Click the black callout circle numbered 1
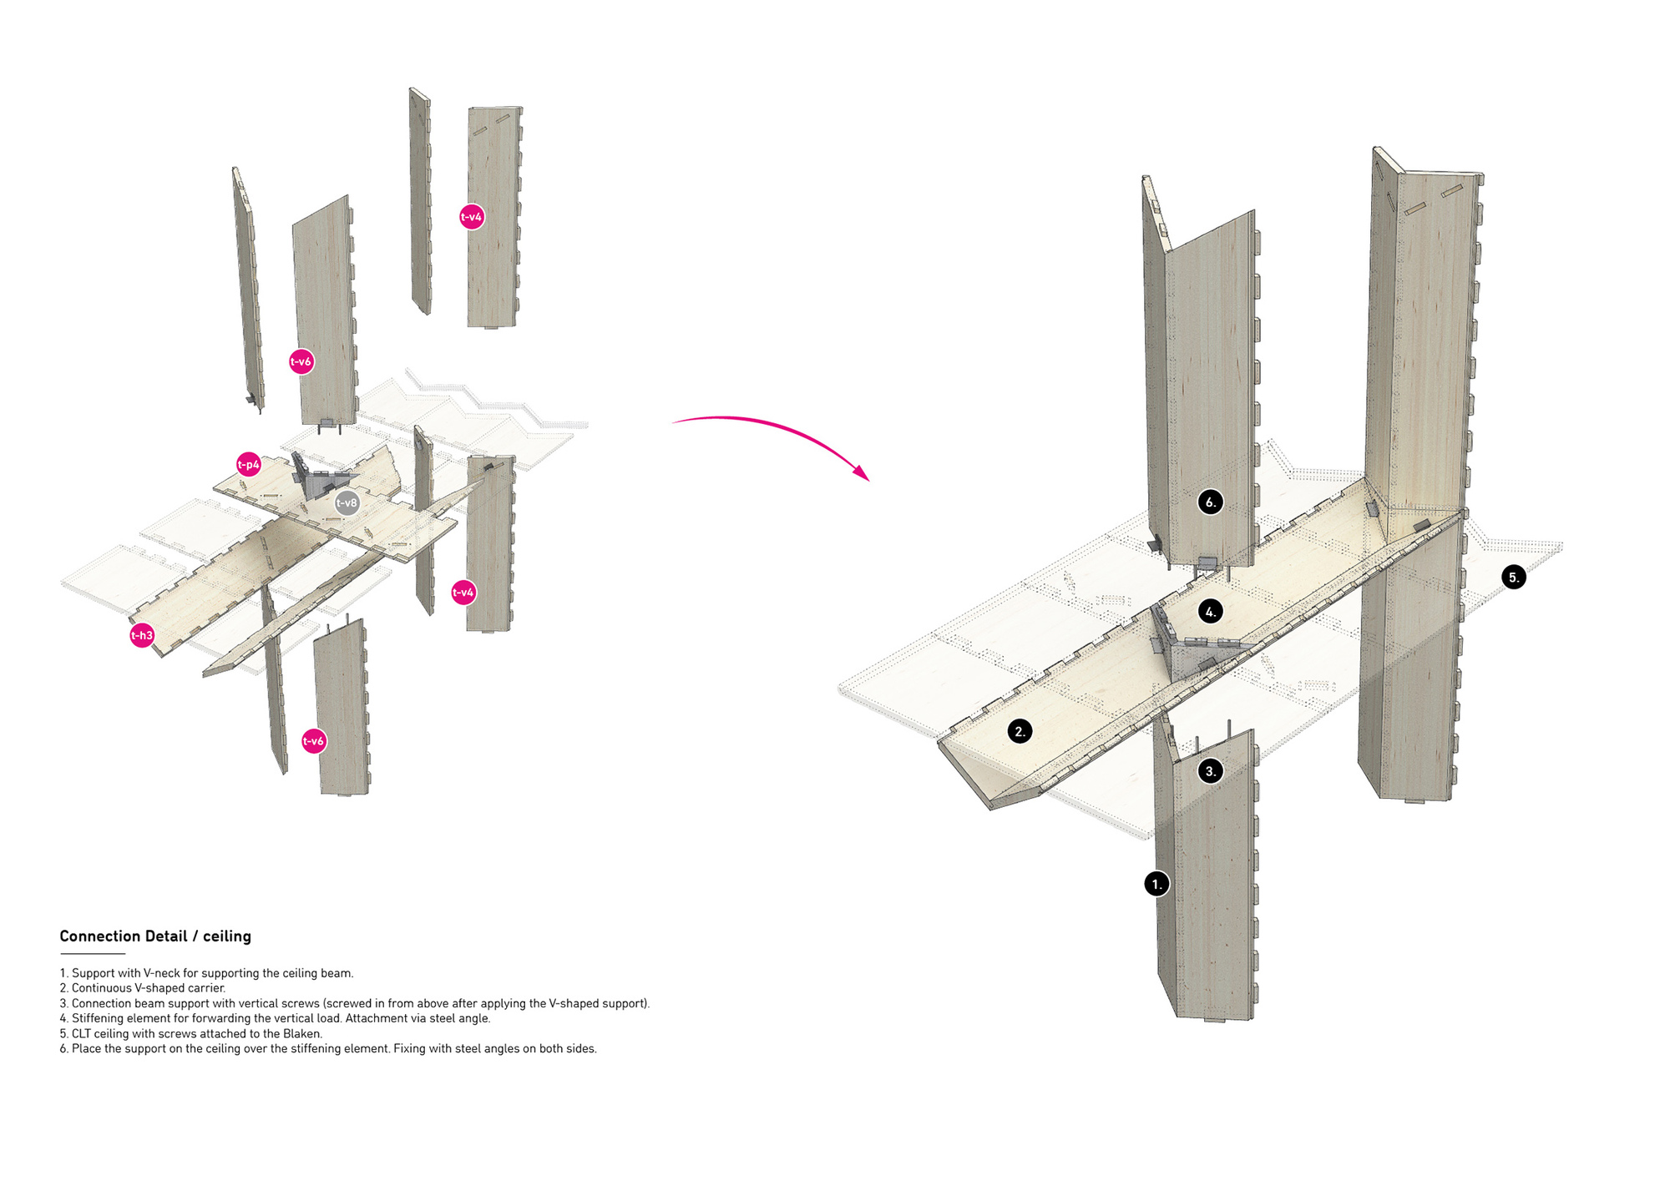point(1156,884)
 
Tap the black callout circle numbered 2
point(1020,732)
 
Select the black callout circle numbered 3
point(1211,771)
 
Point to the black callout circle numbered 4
point(1211,612)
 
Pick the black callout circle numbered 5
point(1513,577)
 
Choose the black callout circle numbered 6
point(1210,502)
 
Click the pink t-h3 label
point(142,636)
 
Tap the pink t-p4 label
point(249,465)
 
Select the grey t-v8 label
point(347,503)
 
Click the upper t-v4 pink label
point(472,217)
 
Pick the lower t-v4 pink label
point(463,593)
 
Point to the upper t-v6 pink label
point(301,362)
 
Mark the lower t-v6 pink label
point(314,741)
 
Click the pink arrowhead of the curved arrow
point(861,472)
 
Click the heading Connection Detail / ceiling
point(155,936)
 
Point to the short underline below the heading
point(92,953)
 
